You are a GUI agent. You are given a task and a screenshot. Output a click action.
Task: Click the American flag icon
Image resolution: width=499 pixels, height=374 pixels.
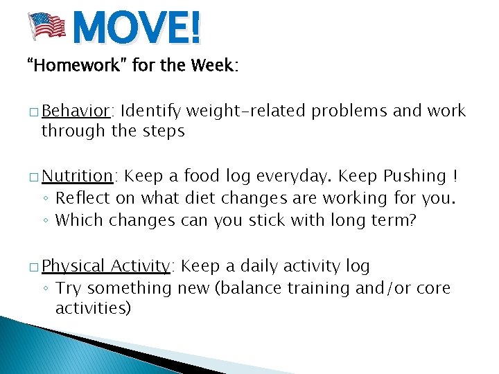[46, 26]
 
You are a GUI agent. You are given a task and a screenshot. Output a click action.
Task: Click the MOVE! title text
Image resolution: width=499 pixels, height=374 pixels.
[137, 29]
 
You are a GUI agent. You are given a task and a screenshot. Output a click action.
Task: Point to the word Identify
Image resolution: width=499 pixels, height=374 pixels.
[153, 112]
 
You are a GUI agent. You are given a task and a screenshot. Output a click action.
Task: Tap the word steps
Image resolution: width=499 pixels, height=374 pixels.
[164, 131]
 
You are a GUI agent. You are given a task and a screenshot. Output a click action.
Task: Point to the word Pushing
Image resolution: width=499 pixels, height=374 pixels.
[414, 177]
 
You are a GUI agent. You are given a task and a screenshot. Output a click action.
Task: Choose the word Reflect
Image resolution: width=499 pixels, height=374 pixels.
[79, 198]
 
